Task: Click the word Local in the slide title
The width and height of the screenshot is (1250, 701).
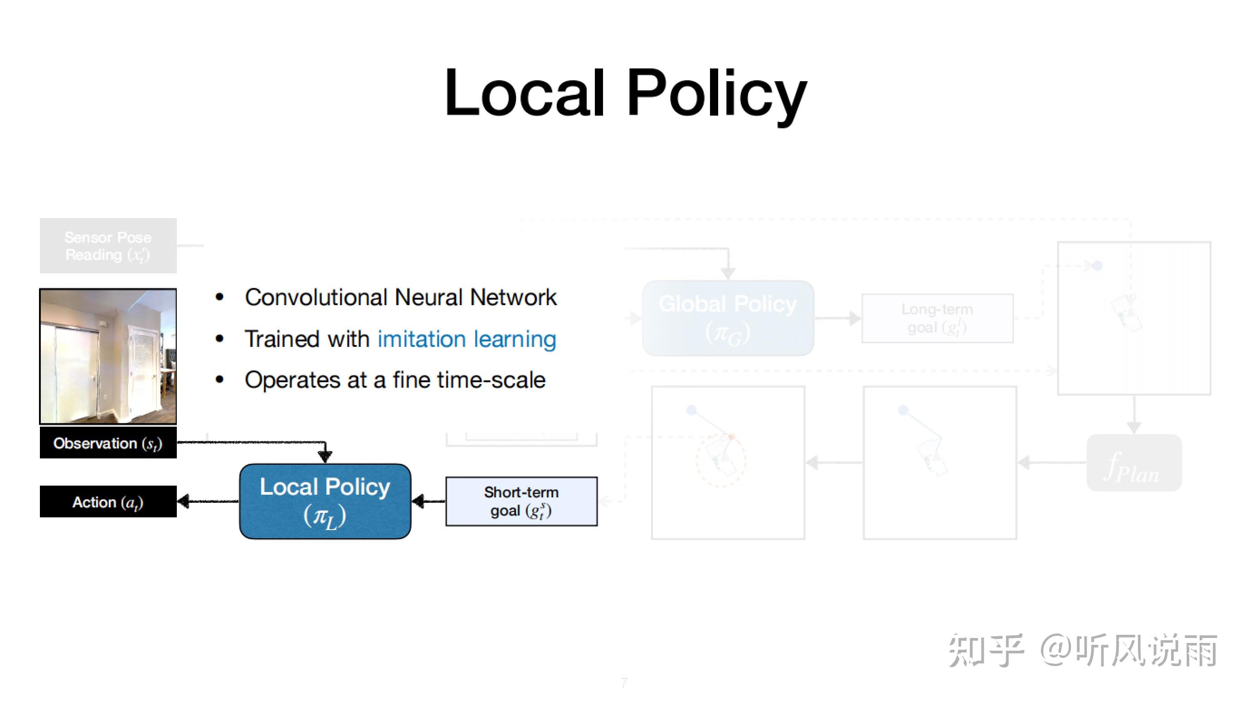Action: click(x=524, y=93)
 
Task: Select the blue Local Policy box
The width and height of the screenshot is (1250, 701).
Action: click(x=325, y=501)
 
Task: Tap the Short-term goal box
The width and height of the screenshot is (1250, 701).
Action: click(x=521, y=501)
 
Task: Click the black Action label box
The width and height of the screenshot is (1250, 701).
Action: click(x=108, y=501)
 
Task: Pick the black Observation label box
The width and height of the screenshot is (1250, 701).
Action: click(x=108, y=443)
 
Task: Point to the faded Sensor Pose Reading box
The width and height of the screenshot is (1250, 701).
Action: click(x=108, y=245)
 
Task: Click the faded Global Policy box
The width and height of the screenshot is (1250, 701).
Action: click(x=727, y=318)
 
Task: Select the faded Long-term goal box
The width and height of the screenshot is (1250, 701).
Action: click(x=937, y=318)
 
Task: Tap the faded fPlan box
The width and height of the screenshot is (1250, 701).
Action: click(x=1133, y=463)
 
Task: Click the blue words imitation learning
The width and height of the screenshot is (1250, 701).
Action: click(x=467, y=339)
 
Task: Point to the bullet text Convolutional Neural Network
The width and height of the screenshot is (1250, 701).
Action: click(x=400, y=297)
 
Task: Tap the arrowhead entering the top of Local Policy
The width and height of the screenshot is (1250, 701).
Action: click(x=325, y=456)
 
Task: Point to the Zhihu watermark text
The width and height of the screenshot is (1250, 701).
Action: click(x=1083, y=650)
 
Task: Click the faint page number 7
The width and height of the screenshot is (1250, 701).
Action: click(x=624, y=682)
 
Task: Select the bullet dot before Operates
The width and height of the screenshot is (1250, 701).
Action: click(x=219, y=380)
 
